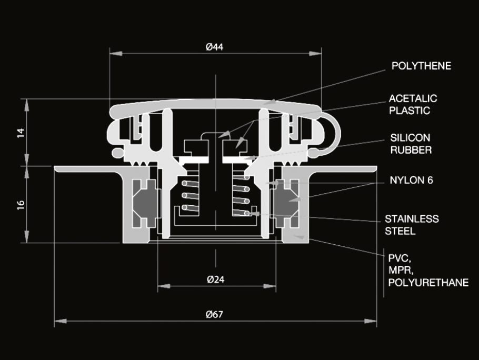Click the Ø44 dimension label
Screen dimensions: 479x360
click(214, 47)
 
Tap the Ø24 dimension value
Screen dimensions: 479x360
click(215, 279)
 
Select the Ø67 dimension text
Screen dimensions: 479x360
click(214, 314)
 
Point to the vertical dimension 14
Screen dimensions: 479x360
click(21, 133)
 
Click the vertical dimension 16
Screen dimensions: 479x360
click(21, 205)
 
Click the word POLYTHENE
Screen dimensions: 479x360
click(421, 66)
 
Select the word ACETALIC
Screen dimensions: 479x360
click(413, 98)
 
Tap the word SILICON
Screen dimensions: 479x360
click(410, 138)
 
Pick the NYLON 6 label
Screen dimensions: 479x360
click(411, 180)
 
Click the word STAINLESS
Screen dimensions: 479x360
click(412, 219)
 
